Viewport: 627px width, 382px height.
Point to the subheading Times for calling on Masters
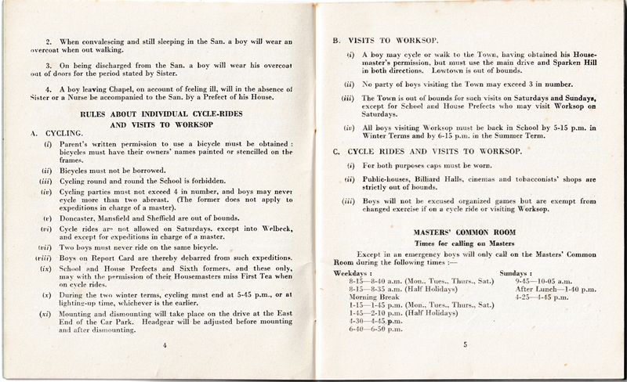coord(466,245)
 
